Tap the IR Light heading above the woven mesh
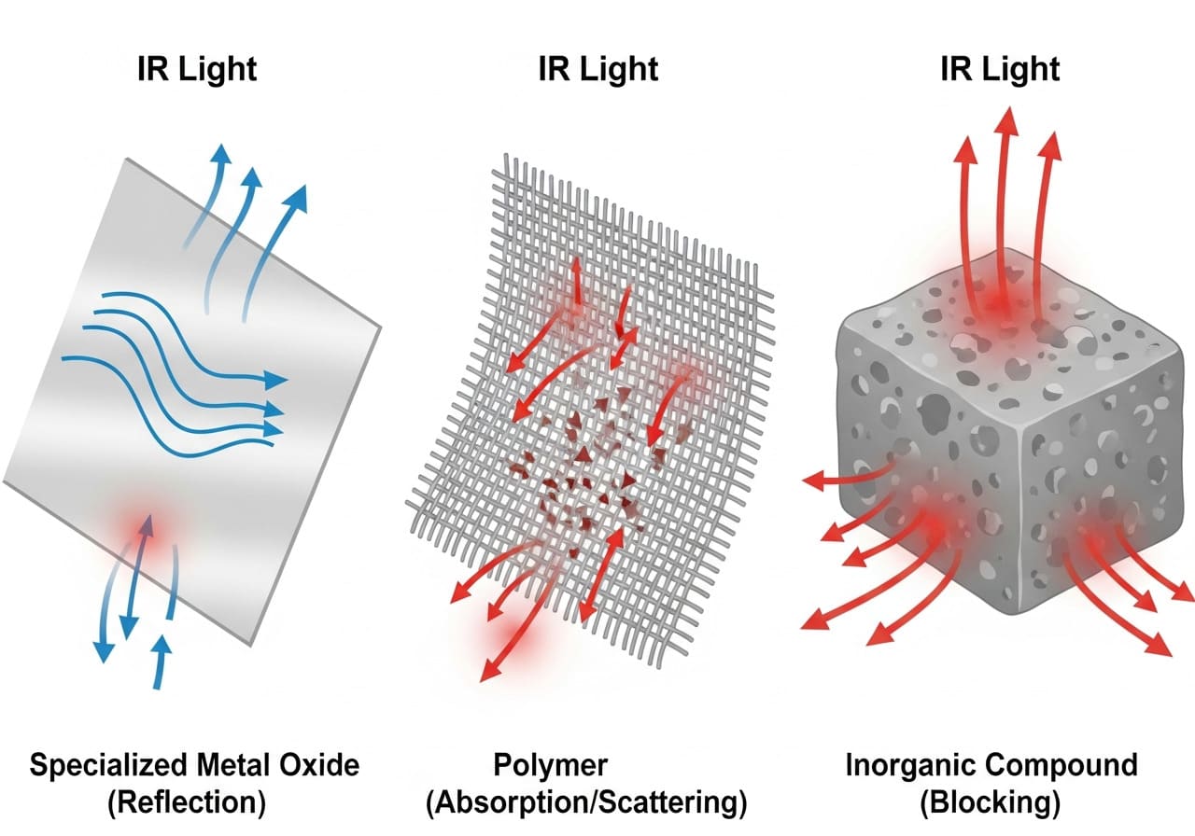pos(597,69)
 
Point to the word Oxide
pos(322,767)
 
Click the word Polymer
pos(550,767)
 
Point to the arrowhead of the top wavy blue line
pos(276,379)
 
